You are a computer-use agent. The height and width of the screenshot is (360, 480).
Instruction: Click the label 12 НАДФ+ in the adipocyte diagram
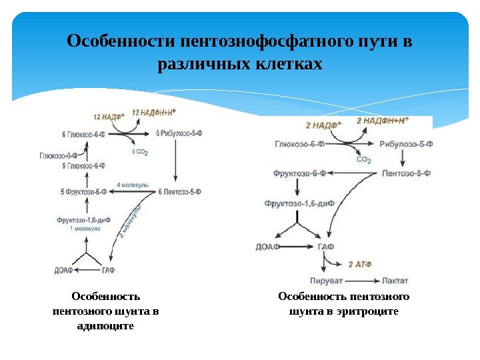(x=109, y=117)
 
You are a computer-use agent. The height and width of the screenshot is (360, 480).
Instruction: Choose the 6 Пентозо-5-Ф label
(x=179, y=192)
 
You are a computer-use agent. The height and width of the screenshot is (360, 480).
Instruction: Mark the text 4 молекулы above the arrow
(x=133, y=184)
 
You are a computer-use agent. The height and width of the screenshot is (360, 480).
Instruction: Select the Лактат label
(x=395, y=281)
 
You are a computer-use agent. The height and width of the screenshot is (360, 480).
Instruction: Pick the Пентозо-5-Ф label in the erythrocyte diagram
(x=407, y=173)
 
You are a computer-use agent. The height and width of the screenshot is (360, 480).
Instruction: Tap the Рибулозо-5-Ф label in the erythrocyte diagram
(x=406, y=143)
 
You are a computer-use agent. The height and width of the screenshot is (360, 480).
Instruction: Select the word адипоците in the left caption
(x=106, y=326)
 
